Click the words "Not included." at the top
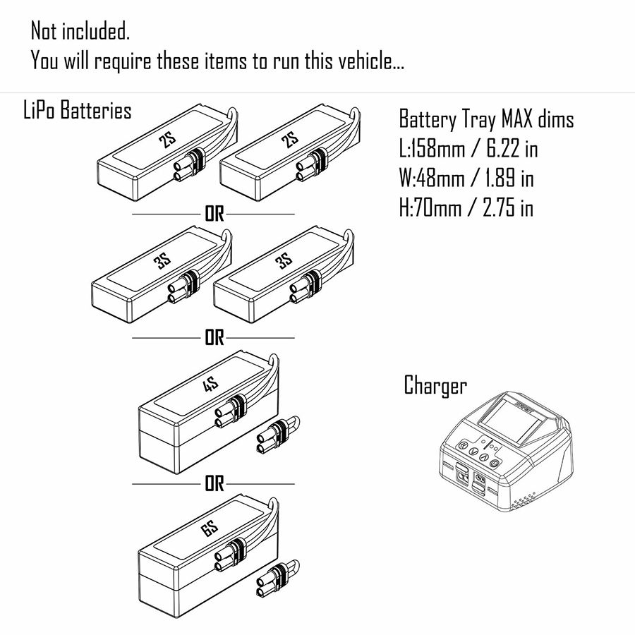[x=80, y=31]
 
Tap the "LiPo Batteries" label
[x=78, y=111]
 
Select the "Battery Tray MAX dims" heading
[x=486, y=119]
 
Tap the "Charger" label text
[x=435, y=386]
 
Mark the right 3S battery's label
[x=284, y=261]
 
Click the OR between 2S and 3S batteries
[x=214, y=214]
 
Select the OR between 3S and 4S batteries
[x=214, y=338]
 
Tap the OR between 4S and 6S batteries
[x=214, y=484]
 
